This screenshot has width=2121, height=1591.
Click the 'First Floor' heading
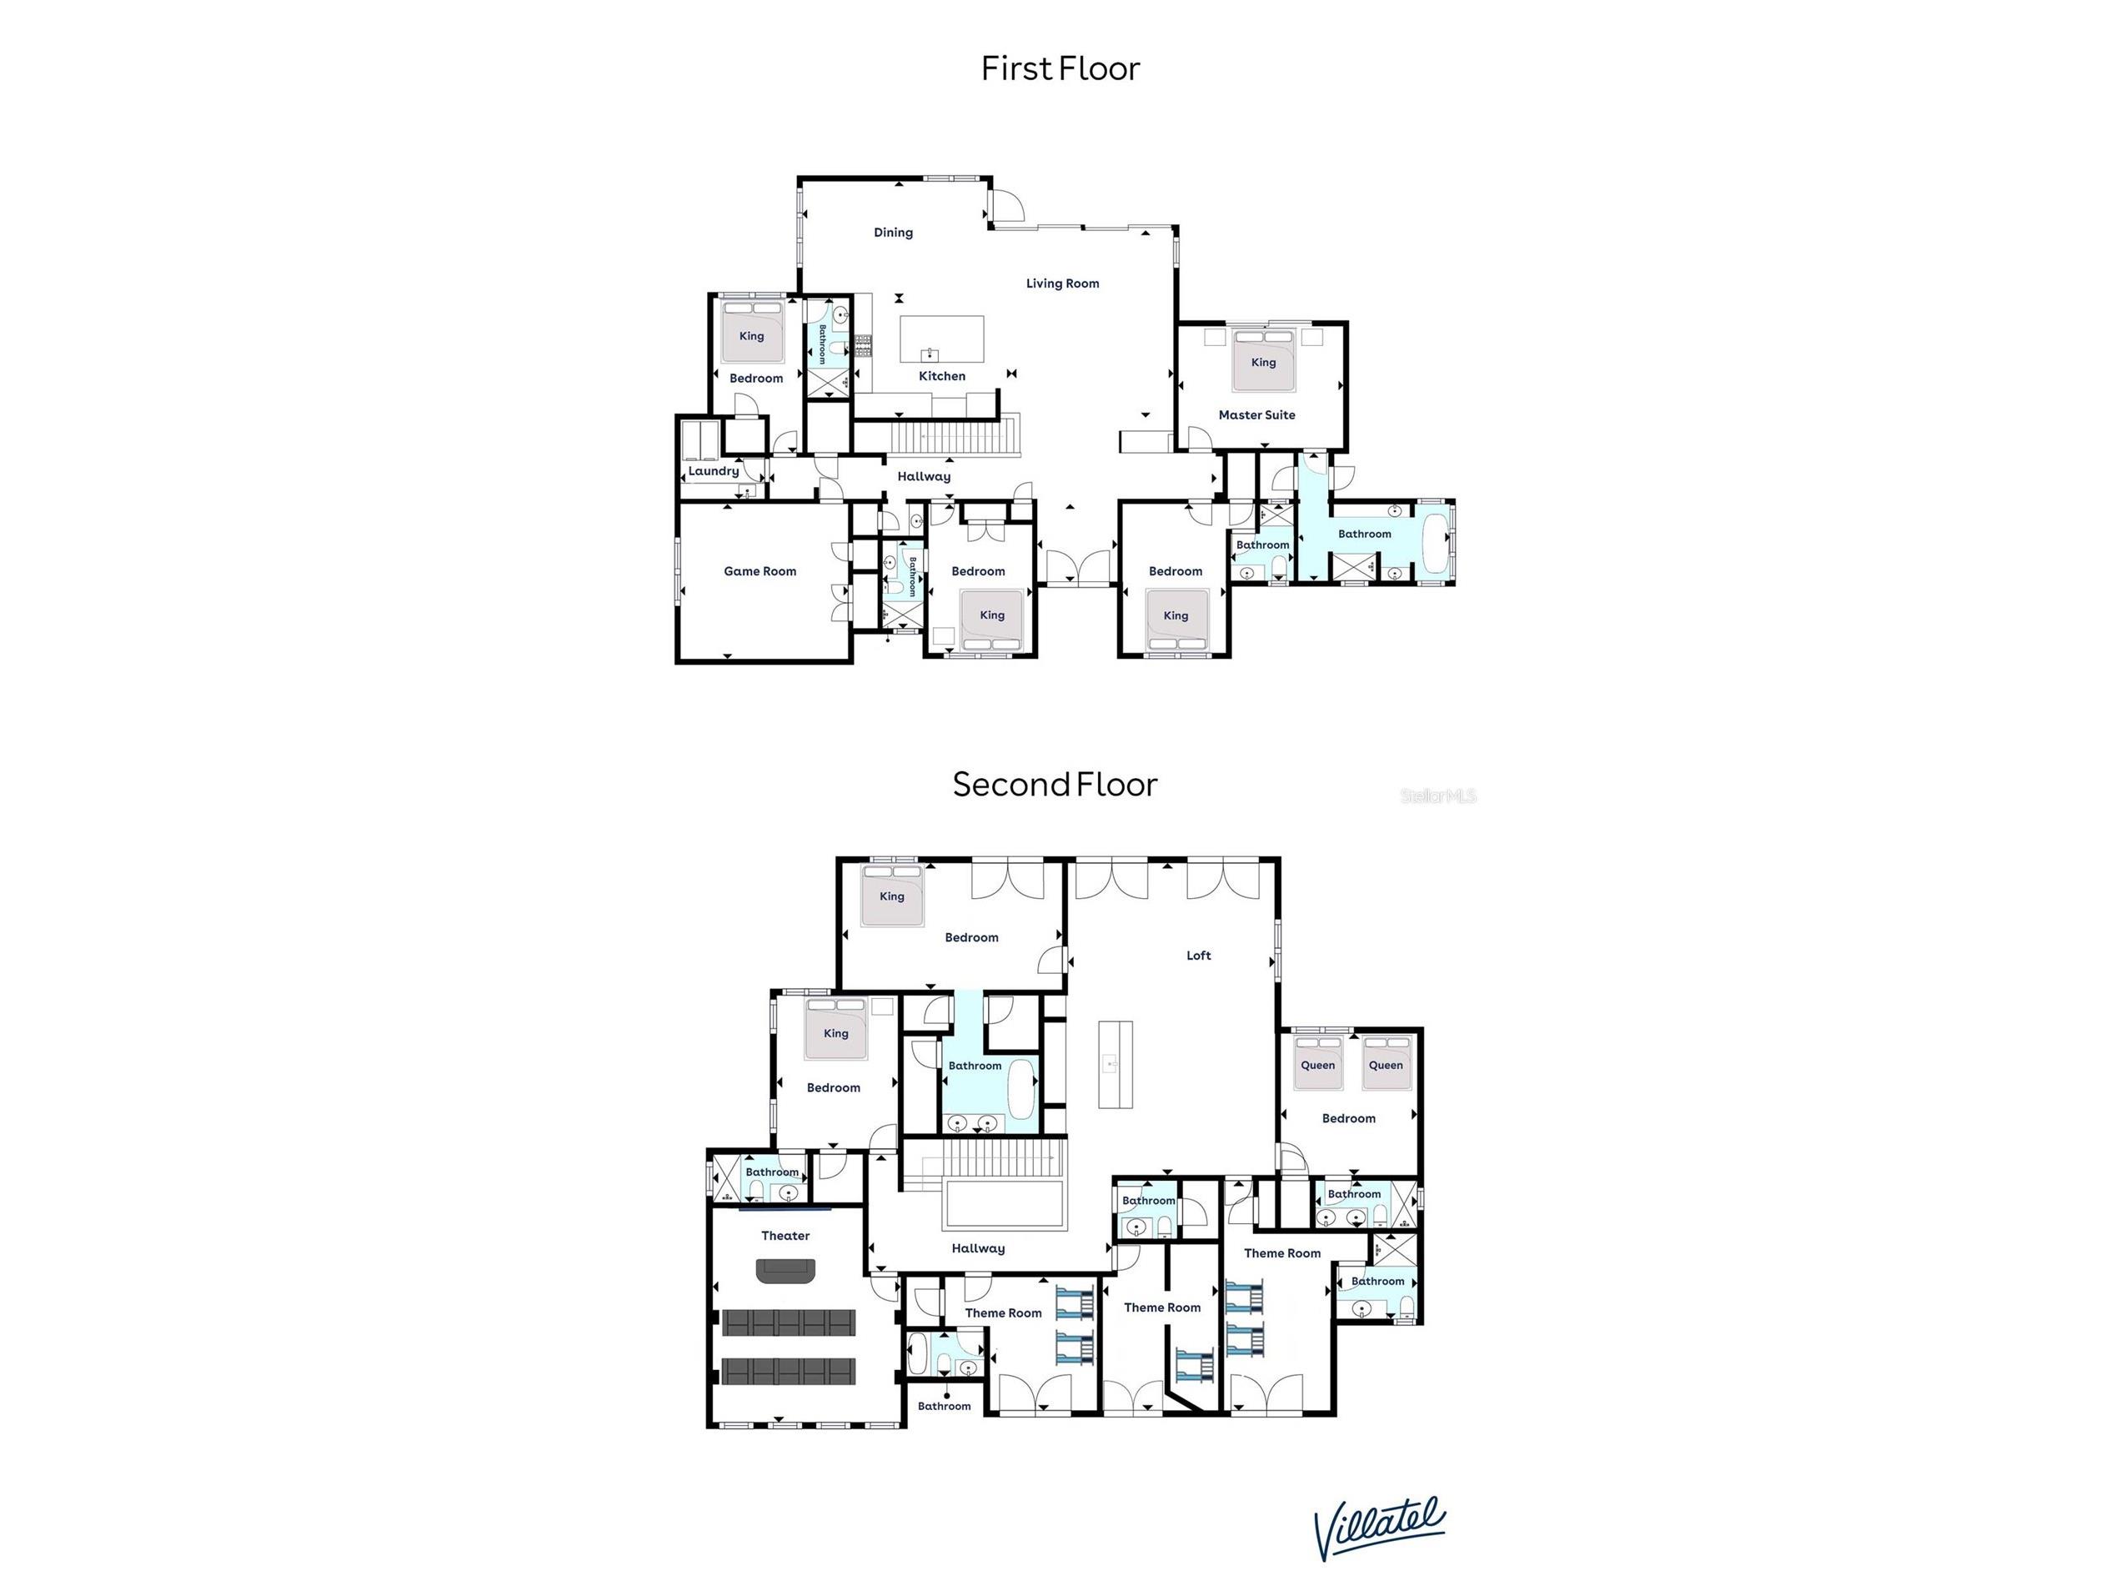(1060, 68)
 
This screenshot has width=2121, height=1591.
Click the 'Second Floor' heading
(1055, 785)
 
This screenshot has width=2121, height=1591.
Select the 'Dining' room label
(893, 232)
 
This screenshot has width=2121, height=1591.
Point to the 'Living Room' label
(1062, 283)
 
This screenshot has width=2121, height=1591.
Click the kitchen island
(941, 339)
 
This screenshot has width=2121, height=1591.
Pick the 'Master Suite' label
(1256, 414)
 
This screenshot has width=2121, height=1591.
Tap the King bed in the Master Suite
(1264, 360)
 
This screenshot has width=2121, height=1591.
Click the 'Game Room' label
(760, 570)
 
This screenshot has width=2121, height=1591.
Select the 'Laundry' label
(714, 471)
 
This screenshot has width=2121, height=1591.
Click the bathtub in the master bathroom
(1435, 543)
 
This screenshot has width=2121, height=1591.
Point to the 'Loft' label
(1199, 955)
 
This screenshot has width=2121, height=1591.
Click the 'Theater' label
(785, 1235)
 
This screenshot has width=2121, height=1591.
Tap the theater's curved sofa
(785, 1272)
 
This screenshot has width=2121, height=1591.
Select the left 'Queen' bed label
(1317, 1065)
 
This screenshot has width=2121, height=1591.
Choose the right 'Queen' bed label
(1386, 1065)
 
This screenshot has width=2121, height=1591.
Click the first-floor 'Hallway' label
(924, 475)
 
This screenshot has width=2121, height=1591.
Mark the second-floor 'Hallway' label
(978, 1247)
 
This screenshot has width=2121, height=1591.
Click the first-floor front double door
(1078, 568)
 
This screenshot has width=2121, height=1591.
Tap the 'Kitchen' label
(941, 376)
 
